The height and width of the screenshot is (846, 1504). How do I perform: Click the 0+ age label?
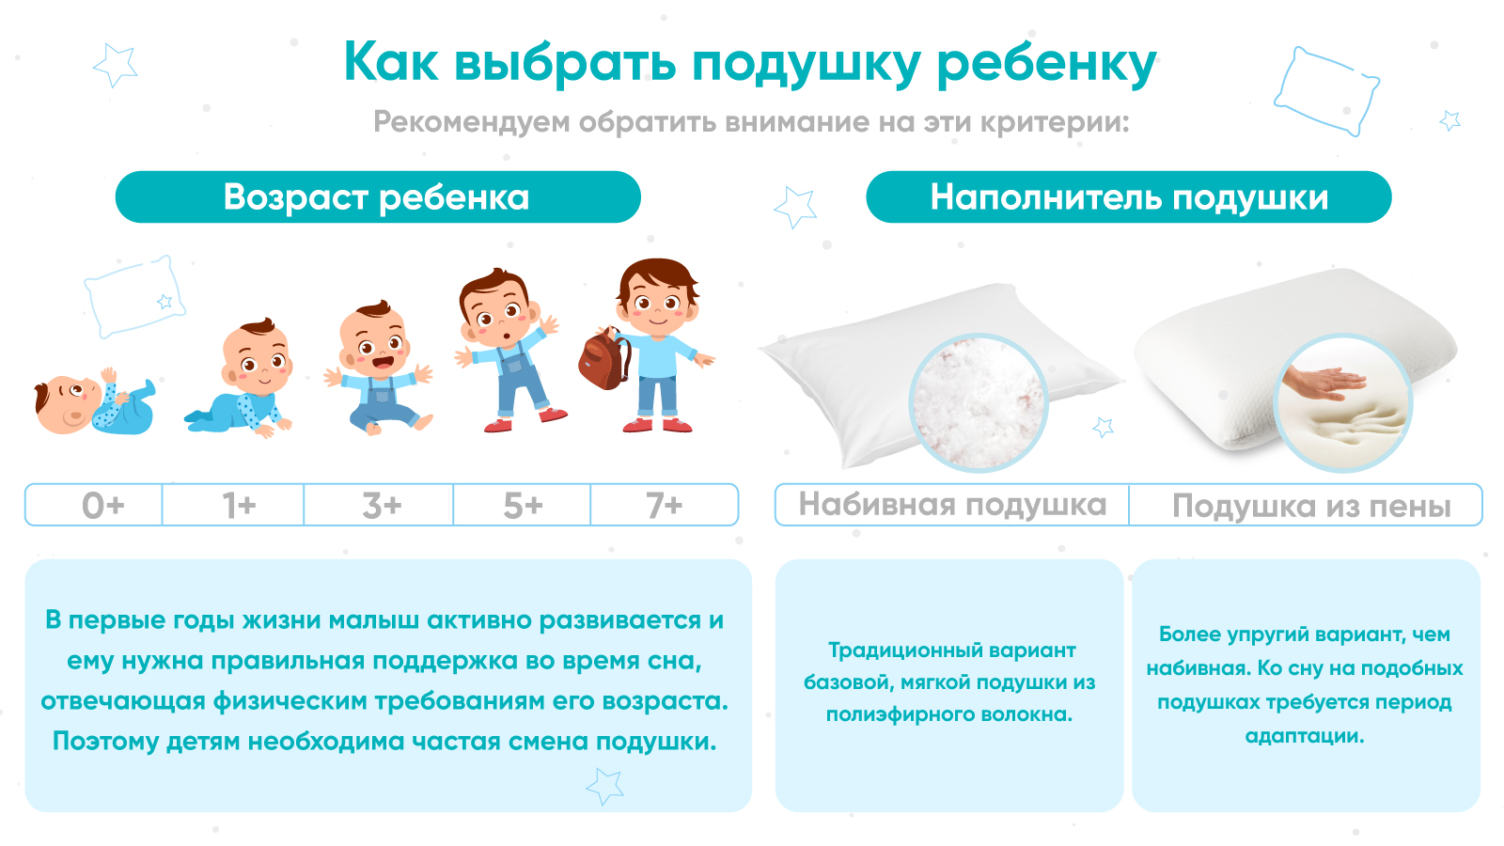pyautogui.click(x=102, y=506)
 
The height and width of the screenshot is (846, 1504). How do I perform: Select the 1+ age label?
pyautogui.click(x=239, y=506)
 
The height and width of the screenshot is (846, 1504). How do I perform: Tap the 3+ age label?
pyautogui.click(x=382, y=506)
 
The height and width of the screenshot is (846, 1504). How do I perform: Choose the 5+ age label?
pyautogui.click(x=523, y=506)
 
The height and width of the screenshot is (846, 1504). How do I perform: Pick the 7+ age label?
pyautogui.click(x=664, y=506)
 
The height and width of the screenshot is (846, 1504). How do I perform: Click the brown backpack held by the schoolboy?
pyautogui.click(x=603, y=359)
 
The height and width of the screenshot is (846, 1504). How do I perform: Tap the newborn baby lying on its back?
pyautogui.click(x=94, y=402)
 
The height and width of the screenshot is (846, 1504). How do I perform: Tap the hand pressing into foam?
pyautogui.click(x=1324, y=384)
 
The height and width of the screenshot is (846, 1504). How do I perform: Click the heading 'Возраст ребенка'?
pyautogui.click(x=377, y=197)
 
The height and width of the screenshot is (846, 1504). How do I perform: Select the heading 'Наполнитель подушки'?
pyautogui.click(x=1129, y=197)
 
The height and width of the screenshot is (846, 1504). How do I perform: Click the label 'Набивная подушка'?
pyautogui.click(x=952, y=505)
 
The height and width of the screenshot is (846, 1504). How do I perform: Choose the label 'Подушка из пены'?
pyautogui.click(x=1311, y=507)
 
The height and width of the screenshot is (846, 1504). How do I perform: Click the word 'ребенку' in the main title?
pyautogui.click(x=1046, y=63)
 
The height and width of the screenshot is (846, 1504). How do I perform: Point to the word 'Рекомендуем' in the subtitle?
pyautogui.click(x=471, y=122)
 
